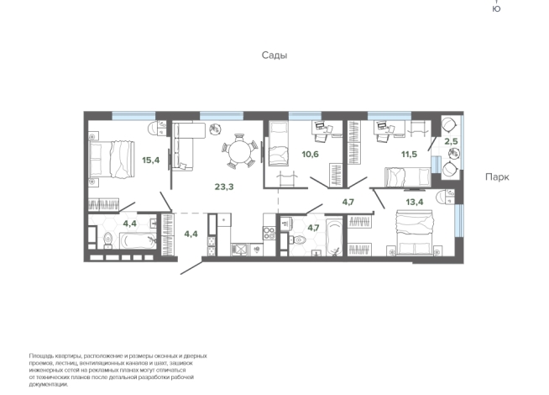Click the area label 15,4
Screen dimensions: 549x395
(150, 161)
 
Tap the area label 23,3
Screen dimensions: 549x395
(224, 187)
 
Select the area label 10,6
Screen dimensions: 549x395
(311, 154)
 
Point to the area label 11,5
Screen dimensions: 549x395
(409, 154)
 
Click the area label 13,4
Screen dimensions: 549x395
(415, 202)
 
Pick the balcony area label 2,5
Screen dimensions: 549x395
(451, 141)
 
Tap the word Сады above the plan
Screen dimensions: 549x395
(274, 55)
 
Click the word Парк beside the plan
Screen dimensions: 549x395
(497, 177)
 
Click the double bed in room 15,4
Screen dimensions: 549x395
(112, 160)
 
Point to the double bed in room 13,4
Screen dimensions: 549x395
(415, 232)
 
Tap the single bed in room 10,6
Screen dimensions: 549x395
(278, 143)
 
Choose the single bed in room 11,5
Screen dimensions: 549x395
(407, 176)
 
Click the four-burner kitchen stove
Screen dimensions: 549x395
(269, 234)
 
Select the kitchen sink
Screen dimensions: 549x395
(239, 250)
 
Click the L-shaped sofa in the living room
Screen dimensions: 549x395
(186, 145)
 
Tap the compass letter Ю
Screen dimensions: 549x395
(496, 8)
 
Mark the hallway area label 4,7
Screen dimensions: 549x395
(348, 202)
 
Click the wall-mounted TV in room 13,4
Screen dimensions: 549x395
(415, 190)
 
